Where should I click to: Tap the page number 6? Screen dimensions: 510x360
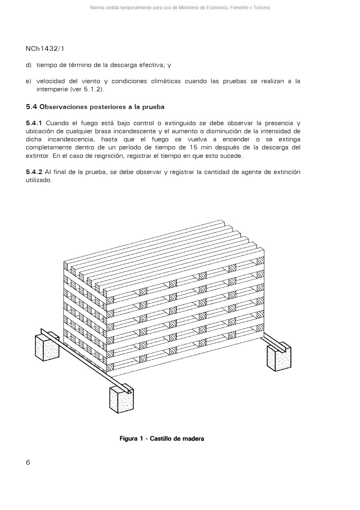tap(28, 463)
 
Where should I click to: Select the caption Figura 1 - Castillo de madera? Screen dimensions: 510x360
tap(161, 439)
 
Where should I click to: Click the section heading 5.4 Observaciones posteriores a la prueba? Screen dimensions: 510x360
tap(95, 107)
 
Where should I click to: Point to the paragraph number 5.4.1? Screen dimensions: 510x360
tap(34, 123)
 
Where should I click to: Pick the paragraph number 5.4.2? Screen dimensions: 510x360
tap(34, 172)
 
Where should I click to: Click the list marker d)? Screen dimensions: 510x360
tap(28, 65)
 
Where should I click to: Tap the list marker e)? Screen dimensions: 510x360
tap(28, 81)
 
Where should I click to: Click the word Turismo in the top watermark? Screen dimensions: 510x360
tap(261, 8)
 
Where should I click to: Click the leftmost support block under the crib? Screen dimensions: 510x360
tap(47, 347)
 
